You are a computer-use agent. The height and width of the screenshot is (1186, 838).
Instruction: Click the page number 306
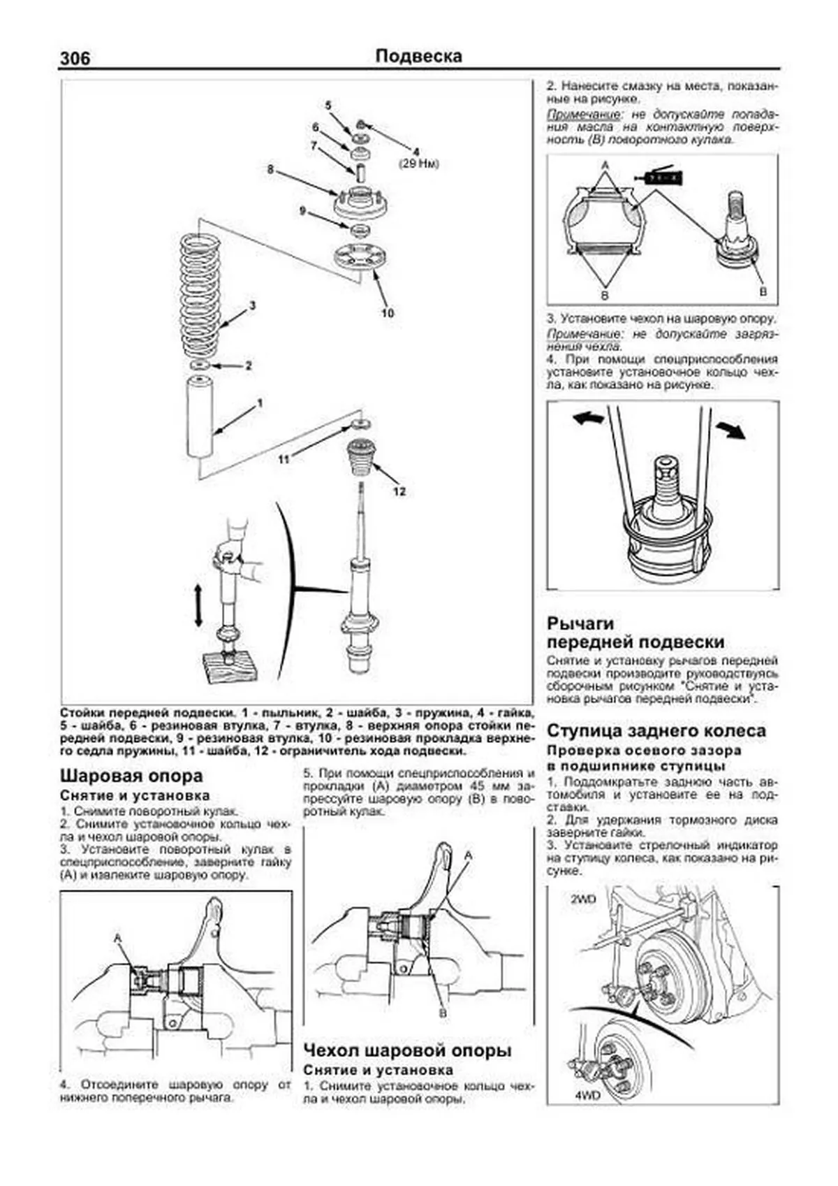coord(75,59)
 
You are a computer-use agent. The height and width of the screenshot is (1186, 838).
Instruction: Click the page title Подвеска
coord(418,56)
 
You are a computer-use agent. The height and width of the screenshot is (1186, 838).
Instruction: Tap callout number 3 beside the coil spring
coord(252,305)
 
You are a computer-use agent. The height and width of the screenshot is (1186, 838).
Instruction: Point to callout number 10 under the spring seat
coord(388,312)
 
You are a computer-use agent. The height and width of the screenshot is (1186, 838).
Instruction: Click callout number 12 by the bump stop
coord(399,491)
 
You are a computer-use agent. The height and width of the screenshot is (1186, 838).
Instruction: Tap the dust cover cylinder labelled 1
coord(199,417)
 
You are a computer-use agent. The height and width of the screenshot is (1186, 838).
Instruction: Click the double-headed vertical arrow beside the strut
coord(198,606)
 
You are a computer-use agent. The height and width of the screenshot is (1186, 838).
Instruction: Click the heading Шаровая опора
coord(131,776)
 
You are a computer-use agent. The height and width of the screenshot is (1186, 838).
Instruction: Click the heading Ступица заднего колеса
coord(656,731)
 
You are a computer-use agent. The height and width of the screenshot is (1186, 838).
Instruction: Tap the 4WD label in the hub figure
coord(587,1096)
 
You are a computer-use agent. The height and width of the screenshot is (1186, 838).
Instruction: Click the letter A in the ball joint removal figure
coord(117,937)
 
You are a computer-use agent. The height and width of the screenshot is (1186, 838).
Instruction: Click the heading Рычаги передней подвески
coord(635,632)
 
